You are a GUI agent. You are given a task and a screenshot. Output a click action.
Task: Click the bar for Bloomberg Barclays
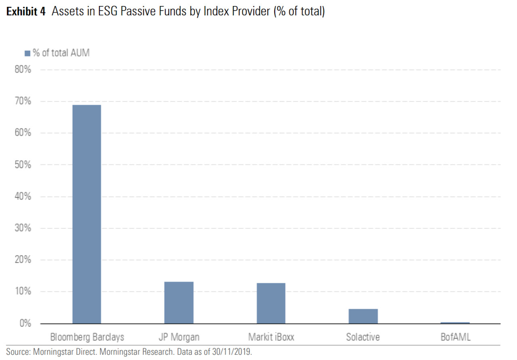pos(86,214)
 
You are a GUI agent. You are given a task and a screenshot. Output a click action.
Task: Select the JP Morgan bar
pos(179,302)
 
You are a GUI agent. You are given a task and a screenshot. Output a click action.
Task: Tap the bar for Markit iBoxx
pos(271,303)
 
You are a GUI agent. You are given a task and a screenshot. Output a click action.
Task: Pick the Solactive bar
pos(363,316)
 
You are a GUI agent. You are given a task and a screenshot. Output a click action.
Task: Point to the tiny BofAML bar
pos(455,323)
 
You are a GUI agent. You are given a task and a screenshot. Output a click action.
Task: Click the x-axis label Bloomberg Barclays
pos(87,337)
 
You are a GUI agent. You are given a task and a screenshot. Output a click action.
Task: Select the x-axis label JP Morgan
pos(179,337)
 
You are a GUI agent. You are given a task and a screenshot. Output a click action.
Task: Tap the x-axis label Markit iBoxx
pos(271,337)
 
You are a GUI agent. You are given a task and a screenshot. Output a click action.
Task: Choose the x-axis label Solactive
pos(363,337)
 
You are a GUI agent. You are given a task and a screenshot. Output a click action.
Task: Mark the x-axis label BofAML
pos(455,337)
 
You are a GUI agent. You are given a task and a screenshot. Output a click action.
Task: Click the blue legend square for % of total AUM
pos(27,53)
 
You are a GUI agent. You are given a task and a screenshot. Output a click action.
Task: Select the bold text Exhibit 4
pos(25,12)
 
